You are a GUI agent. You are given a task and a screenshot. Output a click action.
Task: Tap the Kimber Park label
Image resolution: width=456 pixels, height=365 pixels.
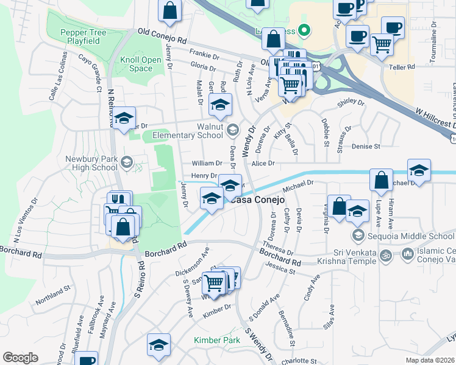(217, 341)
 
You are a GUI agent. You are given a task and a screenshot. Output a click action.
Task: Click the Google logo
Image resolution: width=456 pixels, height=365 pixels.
(20, 358)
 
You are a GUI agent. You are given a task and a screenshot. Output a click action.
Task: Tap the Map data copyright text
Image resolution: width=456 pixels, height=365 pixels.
(430, 360)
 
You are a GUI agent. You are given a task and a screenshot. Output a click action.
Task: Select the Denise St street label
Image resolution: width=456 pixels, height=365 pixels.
(366, 147)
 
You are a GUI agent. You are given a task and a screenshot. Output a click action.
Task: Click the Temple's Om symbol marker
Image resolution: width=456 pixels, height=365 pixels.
(385, 255)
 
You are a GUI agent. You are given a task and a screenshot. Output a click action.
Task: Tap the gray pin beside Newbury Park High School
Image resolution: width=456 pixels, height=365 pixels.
(126, 161)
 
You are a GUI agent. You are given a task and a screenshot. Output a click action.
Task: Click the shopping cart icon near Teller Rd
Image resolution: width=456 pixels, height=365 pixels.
(382, 43)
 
